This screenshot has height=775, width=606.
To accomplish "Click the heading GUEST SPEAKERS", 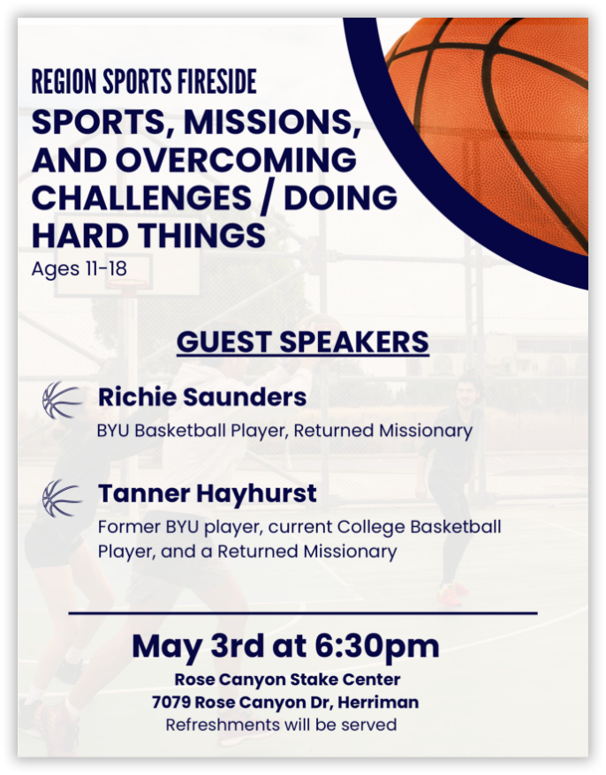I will [x=302, y=342].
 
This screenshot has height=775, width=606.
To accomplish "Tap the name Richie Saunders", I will [x=202, y=398].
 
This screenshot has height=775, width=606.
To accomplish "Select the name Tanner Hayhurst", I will [x=207, y=494].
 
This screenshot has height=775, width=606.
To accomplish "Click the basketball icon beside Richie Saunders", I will [x=62, y=400].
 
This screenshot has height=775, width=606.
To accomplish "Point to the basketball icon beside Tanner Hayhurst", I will [x=62, y=498].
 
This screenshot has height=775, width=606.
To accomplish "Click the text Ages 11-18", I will [x=79, y=267].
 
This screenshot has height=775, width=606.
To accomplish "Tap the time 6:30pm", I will [x=377, y=646].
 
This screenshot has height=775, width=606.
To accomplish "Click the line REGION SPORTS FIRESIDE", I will [x=144, y=82].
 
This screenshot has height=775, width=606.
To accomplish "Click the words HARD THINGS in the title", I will [x=148, y=236].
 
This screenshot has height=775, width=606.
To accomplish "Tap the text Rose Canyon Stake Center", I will [x=287, y=680].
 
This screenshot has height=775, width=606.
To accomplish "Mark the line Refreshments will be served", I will [x=281, y=725].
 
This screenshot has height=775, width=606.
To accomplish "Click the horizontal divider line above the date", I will [x=302, y=613].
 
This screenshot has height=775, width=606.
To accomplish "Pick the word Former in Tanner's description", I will [x=126, y=528].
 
